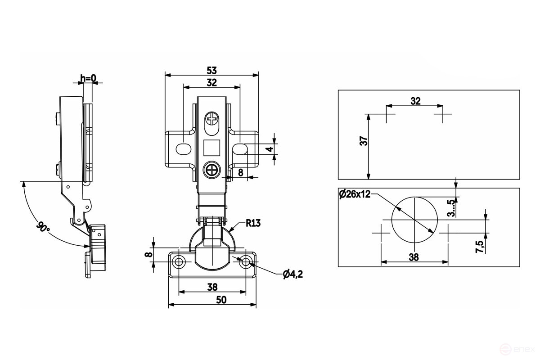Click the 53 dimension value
212,70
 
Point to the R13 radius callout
253,222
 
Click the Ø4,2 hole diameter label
292,274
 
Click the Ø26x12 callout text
355,194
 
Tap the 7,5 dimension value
479,247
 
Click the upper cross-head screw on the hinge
211,120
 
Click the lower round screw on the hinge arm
211,171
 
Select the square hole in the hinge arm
211,147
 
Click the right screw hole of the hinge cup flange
246,261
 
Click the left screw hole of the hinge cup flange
179,262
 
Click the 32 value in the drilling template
415,101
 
